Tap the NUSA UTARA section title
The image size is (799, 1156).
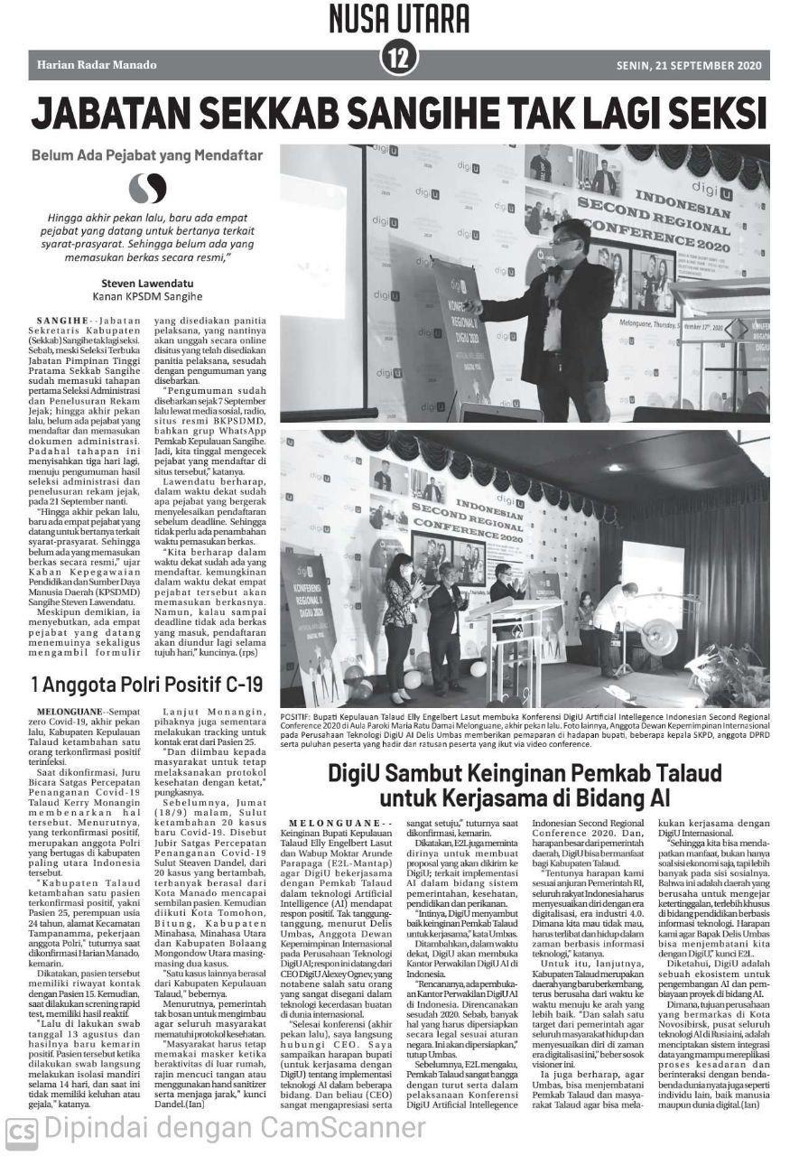pyautogui.click(x=399, y=18)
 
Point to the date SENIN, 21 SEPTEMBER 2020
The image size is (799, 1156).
pyautogui.click(x=689, y=66)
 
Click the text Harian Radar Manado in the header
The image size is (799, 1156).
pyautogui.click(x=97, y=66)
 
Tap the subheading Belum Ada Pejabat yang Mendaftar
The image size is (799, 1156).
pyautogui.click(x=147, y=155)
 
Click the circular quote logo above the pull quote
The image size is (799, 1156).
pyautogui.click(x=147, y=188)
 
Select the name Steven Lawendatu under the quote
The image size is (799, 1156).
pyautogui.click(x=147, y=281)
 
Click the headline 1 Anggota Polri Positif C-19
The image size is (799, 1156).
pyautogui.click(x=146, y=684)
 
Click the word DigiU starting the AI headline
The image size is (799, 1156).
pyautogui.click(x=358, y=773)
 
